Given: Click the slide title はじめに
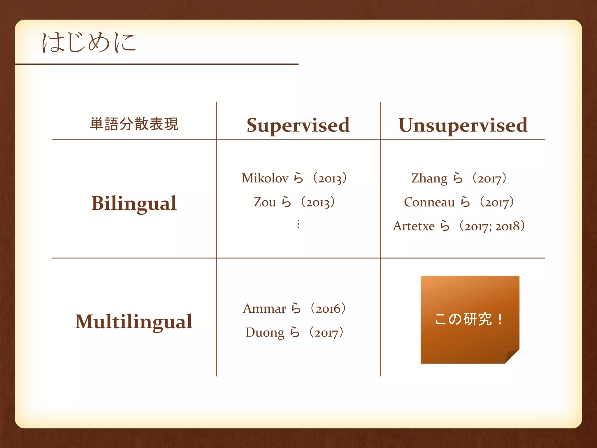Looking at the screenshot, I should [89, 43].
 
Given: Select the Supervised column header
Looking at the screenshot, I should [298, 125].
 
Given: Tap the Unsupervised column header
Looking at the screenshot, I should [463, 125].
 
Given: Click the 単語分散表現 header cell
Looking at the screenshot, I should [134, 124].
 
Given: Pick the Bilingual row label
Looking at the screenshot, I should [134, 203].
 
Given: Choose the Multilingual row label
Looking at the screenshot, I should [134, 322].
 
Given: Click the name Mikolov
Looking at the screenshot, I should [265, 178].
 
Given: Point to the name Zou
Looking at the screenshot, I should [265, 202].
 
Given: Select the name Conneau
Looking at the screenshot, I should [429, 202].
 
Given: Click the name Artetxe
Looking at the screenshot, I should [414, 226].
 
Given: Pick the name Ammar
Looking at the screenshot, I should [264, 309].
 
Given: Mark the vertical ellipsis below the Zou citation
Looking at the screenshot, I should [298, 224].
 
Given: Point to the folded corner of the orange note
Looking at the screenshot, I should [513, 356].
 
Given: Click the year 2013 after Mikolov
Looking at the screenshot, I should [330, 179].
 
